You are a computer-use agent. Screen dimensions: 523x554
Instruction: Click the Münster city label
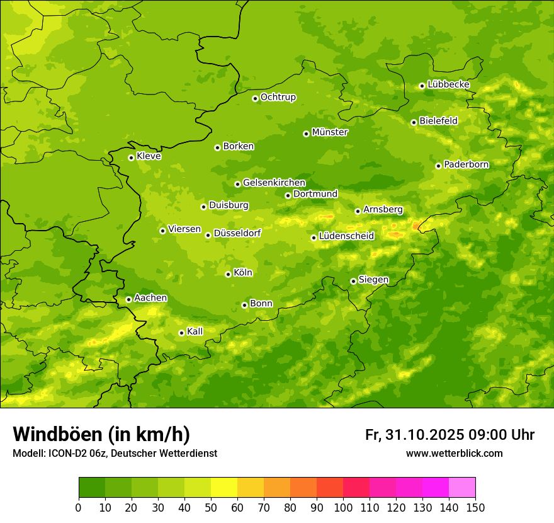pyautogui.click(x=329, y=132)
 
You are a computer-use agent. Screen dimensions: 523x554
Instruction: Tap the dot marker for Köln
pyautogui.click(x=228, y=274)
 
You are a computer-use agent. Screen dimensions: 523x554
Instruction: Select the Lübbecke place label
pyautogui.click(x=448, y=84)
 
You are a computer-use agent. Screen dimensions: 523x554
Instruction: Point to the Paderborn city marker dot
pyautogui.click(x=438, y=166)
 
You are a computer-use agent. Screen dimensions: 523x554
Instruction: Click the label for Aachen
pyautogui.click(x=150, y=298)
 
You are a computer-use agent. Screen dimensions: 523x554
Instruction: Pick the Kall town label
pyautogui.click(x=195, y=331)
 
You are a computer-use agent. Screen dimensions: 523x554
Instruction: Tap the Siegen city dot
pyautogui.click(x=353, y=281)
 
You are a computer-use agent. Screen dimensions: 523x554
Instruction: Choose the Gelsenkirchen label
pyautogui.click(x=274, y=183)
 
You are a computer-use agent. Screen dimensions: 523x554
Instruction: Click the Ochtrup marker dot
pyautogui.click(x=255, y=98)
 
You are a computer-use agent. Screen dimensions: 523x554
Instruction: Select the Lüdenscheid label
pyautogui.click(x=346, y=236)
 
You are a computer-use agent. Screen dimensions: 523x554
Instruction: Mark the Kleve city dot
pyautogui.click(x=131, y=158)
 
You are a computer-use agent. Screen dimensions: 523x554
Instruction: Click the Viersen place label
pyautogui.click(x=184, y=229)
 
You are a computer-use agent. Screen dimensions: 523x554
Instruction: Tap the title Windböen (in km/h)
pyautogui.click(x=101, y=434)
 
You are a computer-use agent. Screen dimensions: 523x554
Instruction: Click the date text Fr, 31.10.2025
pyautogui.click(x=414, y=435)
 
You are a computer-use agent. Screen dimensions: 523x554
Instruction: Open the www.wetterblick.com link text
pyautogui.click(x=454, y=453)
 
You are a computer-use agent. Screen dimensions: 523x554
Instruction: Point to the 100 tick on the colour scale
pyautogui.click(x=343, y=507)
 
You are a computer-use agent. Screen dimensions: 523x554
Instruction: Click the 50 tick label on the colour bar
pyautogui.click(x=211, y=507)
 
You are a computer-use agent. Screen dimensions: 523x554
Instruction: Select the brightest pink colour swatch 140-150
pyautogui.click(x=462, y=487)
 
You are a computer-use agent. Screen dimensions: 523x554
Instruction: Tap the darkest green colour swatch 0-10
pyautogui.click(x=92, y=487)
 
